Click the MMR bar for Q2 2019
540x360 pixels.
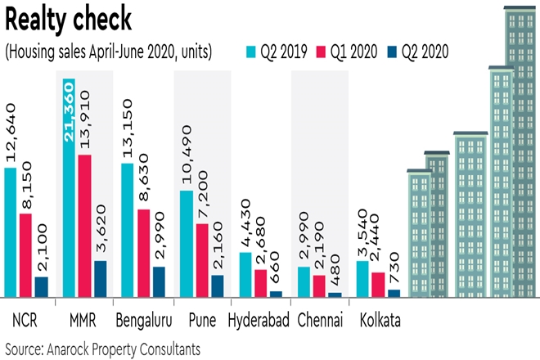[x=70, y=188]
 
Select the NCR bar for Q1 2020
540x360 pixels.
[x=25, y=254]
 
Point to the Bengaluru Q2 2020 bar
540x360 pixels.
[x=159, y=281]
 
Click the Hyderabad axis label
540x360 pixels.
[x=259, y=319]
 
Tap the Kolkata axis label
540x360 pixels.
[x=380, y=319]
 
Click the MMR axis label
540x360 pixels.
[x=84, y=319]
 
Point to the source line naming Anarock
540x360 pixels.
[x=102, y=348]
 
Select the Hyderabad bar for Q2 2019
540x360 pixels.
[x=245, y=274]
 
